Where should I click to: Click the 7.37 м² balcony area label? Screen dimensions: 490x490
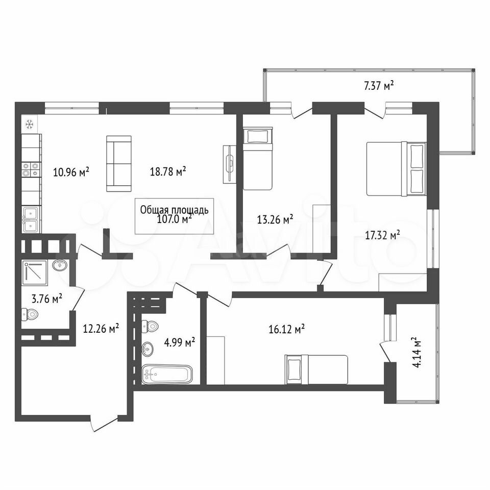coord(378,85)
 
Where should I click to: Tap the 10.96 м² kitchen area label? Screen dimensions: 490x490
coord(71,171)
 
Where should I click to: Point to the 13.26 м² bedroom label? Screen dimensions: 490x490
coord(275,219)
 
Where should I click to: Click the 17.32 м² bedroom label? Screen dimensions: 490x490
coord(383,235)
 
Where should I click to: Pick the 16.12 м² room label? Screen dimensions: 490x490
coord(287,329)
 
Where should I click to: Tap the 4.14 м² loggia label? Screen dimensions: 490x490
coord(417,353)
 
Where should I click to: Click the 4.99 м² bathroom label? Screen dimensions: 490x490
coord(180,342)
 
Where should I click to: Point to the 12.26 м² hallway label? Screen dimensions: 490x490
coord(101,328)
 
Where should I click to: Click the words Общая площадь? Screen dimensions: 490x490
coord(174,210)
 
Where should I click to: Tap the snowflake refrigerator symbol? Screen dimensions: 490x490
coord(30,125)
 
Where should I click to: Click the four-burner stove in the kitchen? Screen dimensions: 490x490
coord(31,169)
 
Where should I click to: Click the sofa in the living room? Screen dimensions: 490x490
coord(119,163)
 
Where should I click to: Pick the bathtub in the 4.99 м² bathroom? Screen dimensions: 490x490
coord(167,374)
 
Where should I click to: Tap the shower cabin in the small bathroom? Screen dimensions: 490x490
coord(35,273)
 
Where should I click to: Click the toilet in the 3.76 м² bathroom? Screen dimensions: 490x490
coord(30,314)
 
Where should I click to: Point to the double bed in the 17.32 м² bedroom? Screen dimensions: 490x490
coord(396,169)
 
